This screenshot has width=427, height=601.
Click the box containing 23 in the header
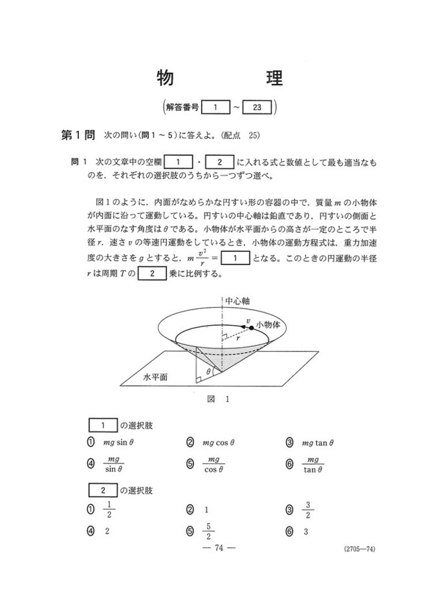(x=257, y=108)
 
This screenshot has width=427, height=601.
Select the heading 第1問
(x=77, y=136)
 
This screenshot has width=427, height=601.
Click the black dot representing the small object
(x=251, y=328)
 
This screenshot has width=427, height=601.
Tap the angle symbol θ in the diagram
(x=208, y=372)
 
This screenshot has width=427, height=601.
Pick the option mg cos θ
(x=218, y=443)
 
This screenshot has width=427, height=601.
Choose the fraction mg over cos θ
(x=213, y=464)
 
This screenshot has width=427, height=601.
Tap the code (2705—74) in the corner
(x=357, y=549)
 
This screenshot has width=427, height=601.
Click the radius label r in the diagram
(x=237, y=337)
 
